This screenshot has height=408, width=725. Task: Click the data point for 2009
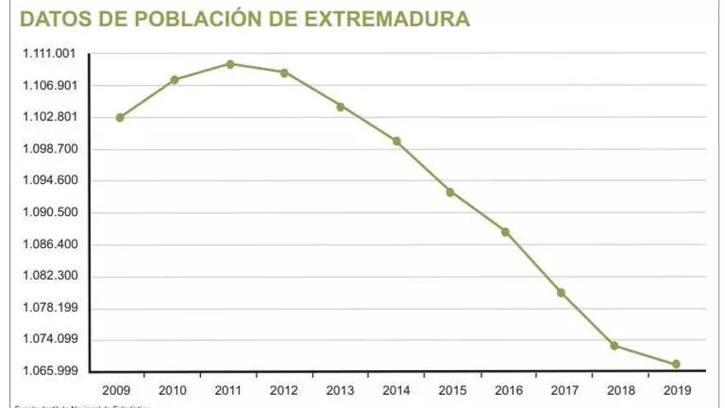click(x=120, y=117)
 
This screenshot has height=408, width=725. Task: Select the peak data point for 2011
click(x=230, y=63)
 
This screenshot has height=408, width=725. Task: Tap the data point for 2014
click(x=396, y=141)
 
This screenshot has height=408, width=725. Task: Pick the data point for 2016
click(x=506, y=232)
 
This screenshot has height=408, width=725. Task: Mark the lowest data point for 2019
click(x=676, y=363)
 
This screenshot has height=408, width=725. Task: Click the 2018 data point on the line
click(x=615, y=345)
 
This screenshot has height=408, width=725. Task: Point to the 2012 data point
click(x=284, y=73)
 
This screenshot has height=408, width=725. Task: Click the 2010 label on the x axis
click(x=172, y=389)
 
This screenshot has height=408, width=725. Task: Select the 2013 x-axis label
click(x=340, y=389)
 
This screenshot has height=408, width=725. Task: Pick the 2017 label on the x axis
click(x=565, y=389)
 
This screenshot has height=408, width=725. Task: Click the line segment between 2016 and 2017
click(x=534, y=262)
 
